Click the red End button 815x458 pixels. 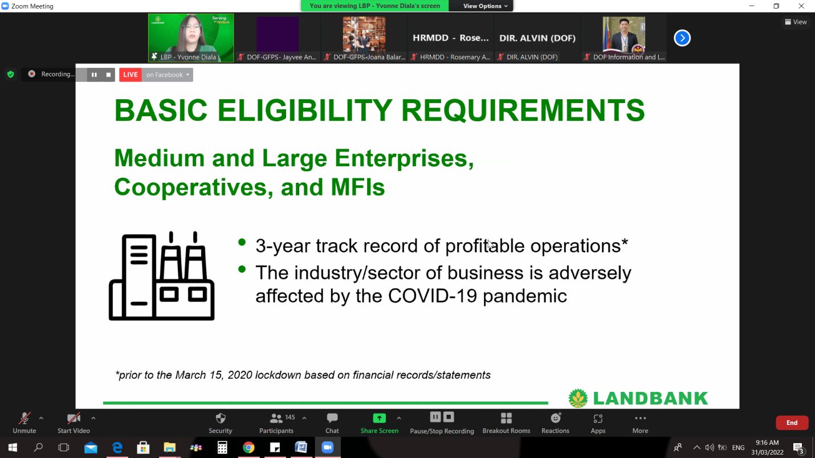pyautogui.click(x=792, y=423)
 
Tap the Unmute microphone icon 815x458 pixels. pyautogui.click(x=25, y=418)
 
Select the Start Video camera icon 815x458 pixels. pyautogui.click(x=74, y=418)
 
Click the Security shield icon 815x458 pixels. pyautogui.click(x=221, y=418)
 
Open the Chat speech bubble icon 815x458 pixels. pyautogui.click(x=332, y=418)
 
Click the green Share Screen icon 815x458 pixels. pyautogui.click(x=379, y=418)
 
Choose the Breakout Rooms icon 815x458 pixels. pyautogui.click(x=506, y=418)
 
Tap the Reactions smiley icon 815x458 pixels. pyautogui.click(x=556, y=418)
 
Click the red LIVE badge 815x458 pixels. pyautogui.click(x=131, y=75)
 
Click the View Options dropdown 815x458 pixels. pyautogui.click(x=485, y=6)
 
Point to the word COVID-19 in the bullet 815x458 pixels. pyautogui.click(x=433, y=296)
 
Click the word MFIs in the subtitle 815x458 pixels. pyautogui.click(x=358, y=187)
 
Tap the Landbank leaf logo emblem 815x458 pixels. pyautogui.click(x=578, y=398)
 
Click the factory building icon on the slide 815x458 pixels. pyautogui.click(x=161, y=276)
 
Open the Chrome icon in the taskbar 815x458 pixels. pyautogui.click(x=249, y=447)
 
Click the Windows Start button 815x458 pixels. pyautogui.click(x=13, y=447)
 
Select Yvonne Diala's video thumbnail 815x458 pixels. pyautogui.click(x=191, y=38)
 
